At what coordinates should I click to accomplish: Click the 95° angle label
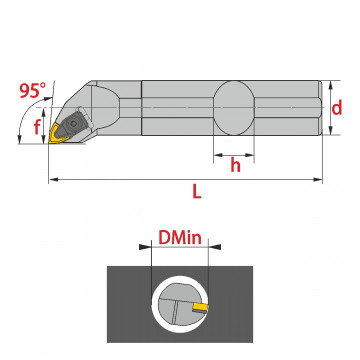32,90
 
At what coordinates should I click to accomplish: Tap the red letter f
37,127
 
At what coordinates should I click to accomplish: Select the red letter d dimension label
337,108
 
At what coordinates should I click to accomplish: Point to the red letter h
235,165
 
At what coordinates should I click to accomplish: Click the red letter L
197,192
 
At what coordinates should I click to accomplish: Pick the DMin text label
180,238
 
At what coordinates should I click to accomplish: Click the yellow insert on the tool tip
57,134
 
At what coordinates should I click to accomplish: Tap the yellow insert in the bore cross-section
201,307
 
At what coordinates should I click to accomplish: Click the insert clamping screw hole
73,124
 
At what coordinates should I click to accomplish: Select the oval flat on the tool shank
234,108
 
